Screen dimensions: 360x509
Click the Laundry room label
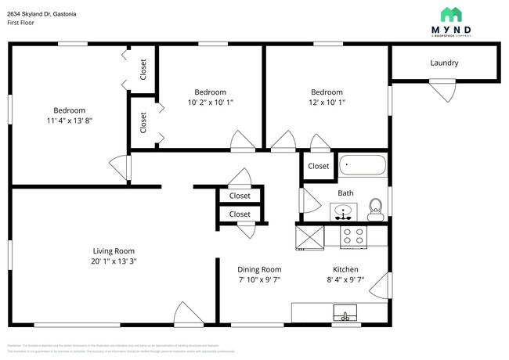point(444,63)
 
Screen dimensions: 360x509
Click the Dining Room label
point(259,269)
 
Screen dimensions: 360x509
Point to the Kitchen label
point(345,269)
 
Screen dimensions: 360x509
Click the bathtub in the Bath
point(363,166)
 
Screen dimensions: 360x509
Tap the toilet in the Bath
point(376,207)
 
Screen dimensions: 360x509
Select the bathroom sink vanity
point(342,211)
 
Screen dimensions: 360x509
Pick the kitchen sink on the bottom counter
point(344,315)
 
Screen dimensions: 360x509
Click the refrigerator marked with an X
point(309,236)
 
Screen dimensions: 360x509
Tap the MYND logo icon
point(451,14)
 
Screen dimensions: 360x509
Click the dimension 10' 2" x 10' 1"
point(211,103)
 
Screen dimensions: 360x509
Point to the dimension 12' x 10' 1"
point(327,103)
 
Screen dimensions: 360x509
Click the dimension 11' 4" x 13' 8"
point(69,121)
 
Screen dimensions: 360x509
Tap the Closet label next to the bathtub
point(318,166)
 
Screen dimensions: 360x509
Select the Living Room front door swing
point(188,315)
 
